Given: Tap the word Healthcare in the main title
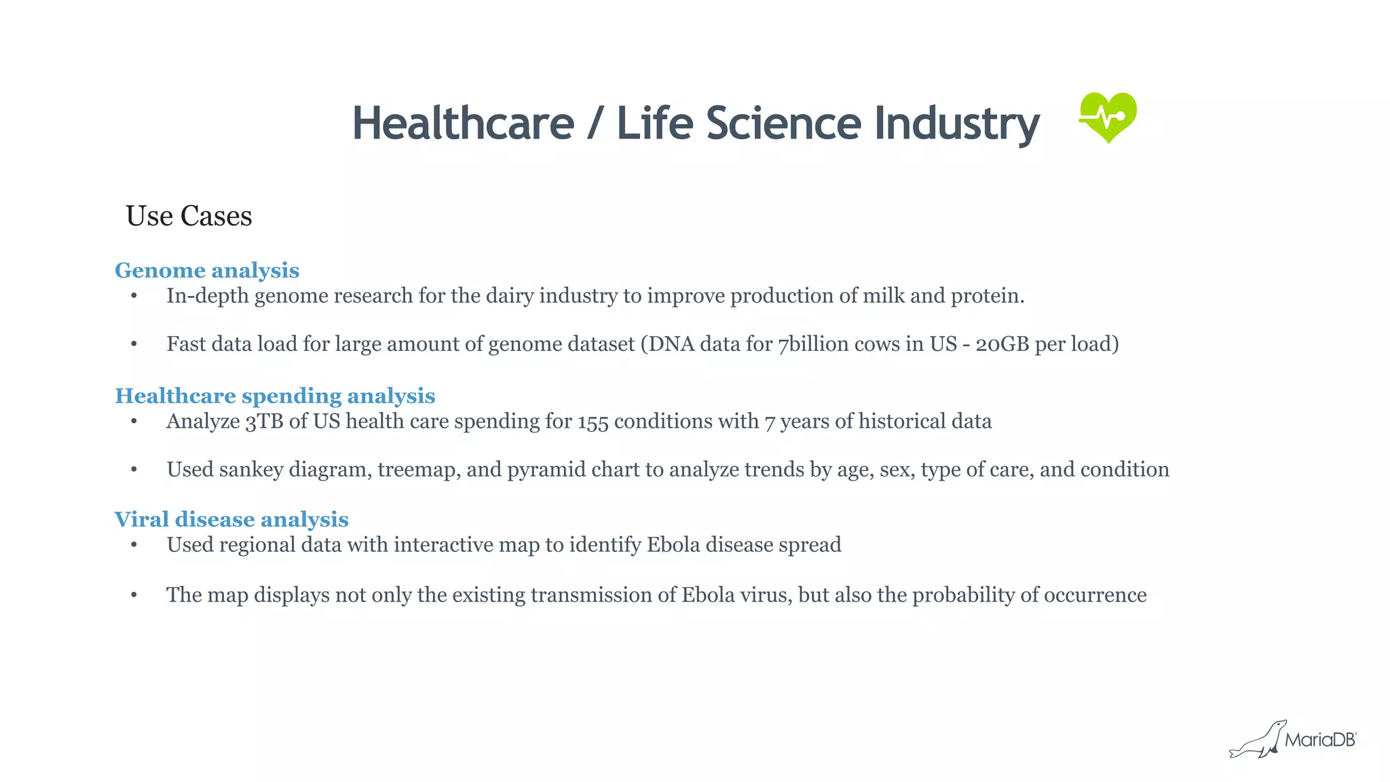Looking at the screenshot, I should point(463,124).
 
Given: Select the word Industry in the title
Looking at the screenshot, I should point(956,124).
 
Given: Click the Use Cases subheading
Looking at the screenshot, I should point(189,217).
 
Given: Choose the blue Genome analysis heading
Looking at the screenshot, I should point(207,270).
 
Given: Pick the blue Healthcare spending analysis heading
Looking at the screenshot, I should point(275,396).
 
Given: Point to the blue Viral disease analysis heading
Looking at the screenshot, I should point(231,519).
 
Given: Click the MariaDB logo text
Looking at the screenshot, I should point(1319,740).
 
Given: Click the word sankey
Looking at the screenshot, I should point(251,470).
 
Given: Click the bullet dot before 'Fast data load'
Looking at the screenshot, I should point(134,344).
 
